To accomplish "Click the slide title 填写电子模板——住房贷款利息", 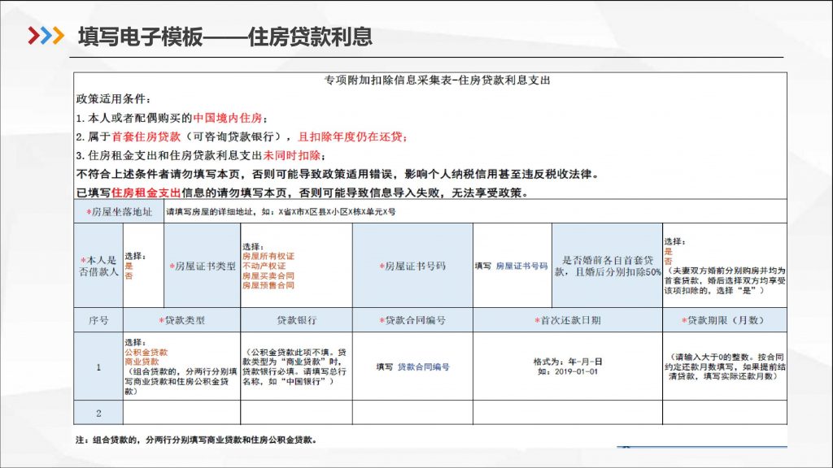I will (225, 37).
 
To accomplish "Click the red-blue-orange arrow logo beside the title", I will (46, 37).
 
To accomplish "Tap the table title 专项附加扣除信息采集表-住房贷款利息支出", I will (431, 80).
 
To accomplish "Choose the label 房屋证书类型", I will (202, 266).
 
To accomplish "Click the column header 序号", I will (98, 320).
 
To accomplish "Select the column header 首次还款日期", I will (567, 320).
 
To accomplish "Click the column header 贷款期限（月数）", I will (724, 320).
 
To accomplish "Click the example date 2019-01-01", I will (567, 371).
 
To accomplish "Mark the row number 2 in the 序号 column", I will (98, 413).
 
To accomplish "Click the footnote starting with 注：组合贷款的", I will (195, 440).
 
